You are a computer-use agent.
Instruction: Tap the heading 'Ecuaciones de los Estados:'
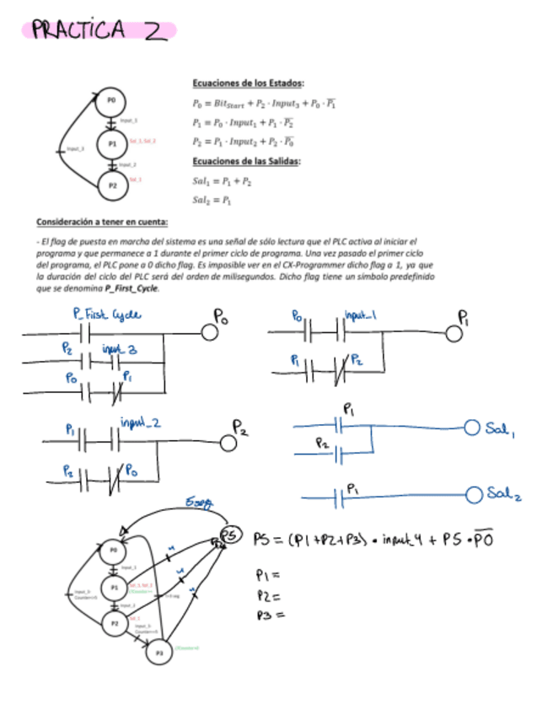pyautogui.click(x=249, y=83)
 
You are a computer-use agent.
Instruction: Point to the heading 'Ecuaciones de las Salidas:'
pyautogui.click(x=248, y=161)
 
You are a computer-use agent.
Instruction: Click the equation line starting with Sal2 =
pyautogui.click(x=212, y=201)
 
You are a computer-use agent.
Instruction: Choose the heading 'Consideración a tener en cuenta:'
pyautogui.click(x=101, y=222)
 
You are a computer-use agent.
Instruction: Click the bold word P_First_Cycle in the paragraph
pyautogui.click(x=132, y=288)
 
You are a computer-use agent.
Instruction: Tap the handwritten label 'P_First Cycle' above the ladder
pyautogui.click(x=106, y=315)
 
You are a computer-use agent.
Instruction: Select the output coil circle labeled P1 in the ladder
pyautogui.click(x=454, y=333)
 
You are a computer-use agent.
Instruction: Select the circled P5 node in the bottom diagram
pyautogui.click(x=229, y=534)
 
